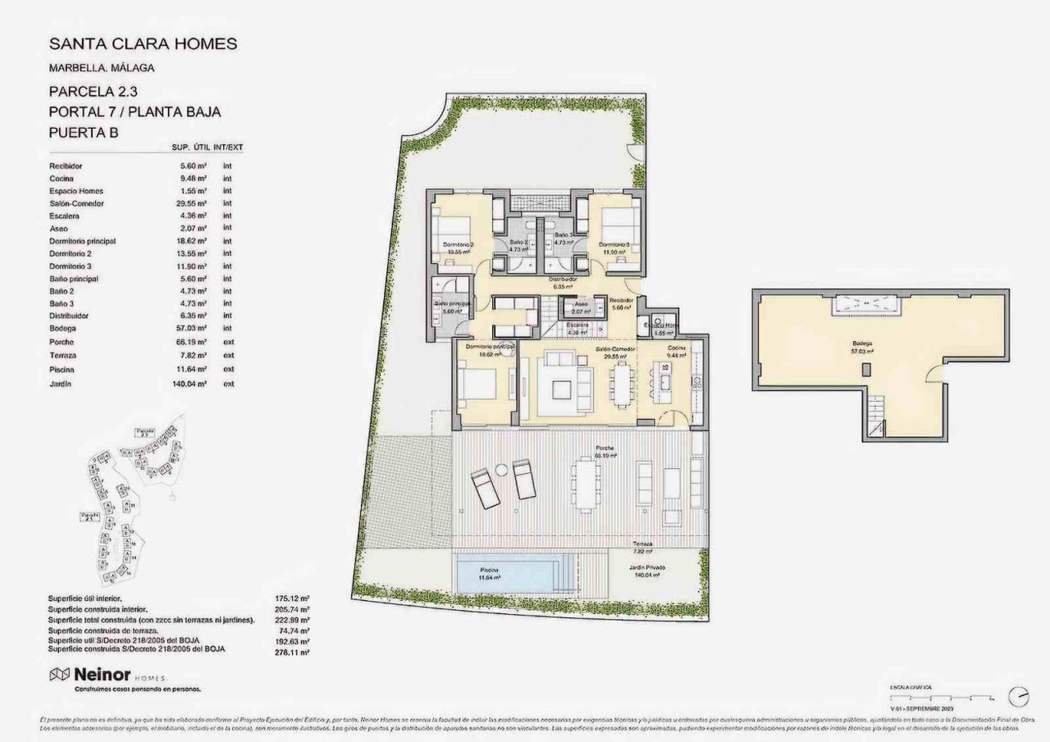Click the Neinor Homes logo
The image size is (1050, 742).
(107, 676)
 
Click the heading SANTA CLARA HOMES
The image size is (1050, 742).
(144, 43)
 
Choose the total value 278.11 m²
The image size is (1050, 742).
(294, 653)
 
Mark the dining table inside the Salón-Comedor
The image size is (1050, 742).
(623, 384)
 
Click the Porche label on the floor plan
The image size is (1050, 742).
(605, 449)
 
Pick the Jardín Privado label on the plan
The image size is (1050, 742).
(648, 570)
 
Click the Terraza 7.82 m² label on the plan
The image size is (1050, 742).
(643, 548)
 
